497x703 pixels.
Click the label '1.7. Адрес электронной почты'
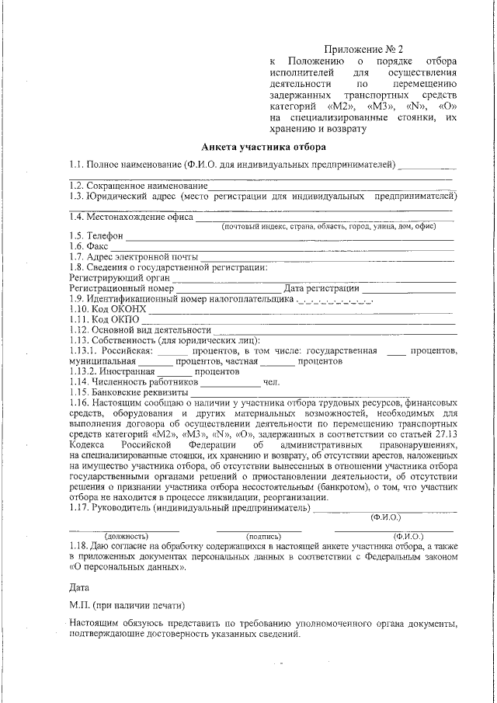pyautogui.click(x=134, y=257)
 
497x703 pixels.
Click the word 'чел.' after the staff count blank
pyautogui.click(x=271, y=382)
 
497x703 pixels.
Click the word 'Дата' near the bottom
pyautogui.click(x=79, y=586)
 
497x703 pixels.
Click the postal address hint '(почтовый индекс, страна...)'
pyautogui.click(x=328, y=226)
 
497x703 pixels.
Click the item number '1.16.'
pyautogui.click(x=79, y=403)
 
